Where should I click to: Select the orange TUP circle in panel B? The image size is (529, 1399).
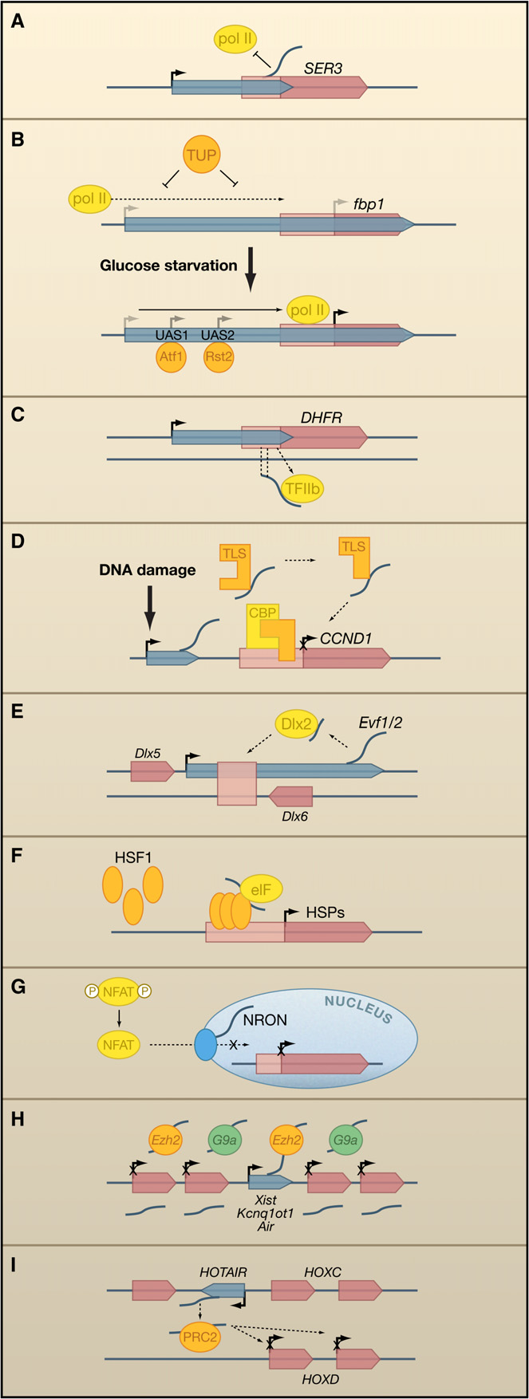[201, 155]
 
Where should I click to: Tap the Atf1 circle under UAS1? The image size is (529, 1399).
[171, 357]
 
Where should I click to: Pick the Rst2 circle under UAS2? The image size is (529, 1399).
[218, 357]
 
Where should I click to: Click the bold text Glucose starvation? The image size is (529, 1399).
[168, 266]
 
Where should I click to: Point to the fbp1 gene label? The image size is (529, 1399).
[369, 204]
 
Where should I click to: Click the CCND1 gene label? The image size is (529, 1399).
[343, 638]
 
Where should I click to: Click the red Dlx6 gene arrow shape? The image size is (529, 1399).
[290, 796]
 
